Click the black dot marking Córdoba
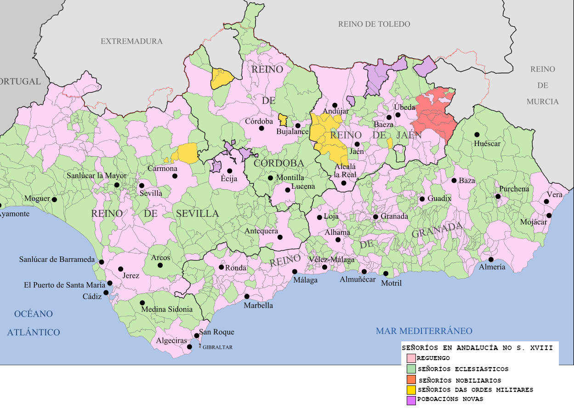[261, 128]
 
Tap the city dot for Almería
[491, 260]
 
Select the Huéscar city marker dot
[477, 135]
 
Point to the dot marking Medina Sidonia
[142, 303]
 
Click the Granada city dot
[375, 217]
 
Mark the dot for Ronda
[221, 267]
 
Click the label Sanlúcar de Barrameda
[57, 260]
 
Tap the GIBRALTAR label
[217, 347]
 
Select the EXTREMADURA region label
[131, 41]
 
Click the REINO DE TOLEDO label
[374, 24]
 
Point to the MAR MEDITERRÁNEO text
[424, 331]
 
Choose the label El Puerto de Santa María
[64, 285]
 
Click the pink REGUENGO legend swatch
[411, 358]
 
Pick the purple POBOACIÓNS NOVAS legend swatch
[411, 400]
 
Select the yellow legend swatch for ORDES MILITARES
[411, 390]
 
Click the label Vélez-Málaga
[331, 260]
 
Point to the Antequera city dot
[280, 237]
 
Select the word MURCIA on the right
[543, 102]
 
